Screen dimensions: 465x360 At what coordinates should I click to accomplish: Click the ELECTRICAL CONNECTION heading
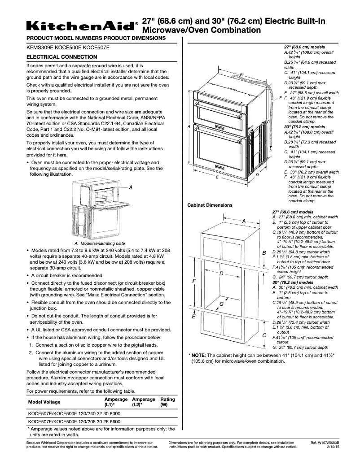point(62,57)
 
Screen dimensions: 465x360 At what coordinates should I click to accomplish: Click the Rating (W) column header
point(167,402)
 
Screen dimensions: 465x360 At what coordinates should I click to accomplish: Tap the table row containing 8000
point(74,413)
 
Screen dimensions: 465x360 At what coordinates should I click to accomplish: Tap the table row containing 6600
point(74,422)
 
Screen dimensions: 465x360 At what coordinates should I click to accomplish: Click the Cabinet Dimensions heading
point(210,205)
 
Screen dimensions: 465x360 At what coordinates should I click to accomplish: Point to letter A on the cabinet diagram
point(244,221)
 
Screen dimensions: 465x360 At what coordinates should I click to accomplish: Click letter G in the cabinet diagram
point(221,304)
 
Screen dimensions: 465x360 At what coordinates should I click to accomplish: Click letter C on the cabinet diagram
point(264,335)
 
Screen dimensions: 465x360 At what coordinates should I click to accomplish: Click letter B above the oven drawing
point(241,74)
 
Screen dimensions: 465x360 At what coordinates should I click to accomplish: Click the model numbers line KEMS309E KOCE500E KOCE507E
point(68,47)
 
